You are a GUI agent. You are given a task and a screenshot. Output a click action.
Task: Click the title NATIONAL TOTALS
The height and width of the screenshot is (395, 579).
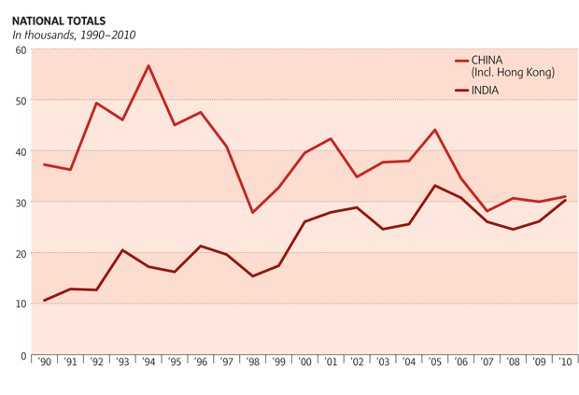pos(59,20)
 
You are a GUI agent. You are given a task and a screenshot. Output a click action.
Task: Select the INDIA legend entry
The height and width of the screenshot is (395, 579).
pos(487,91)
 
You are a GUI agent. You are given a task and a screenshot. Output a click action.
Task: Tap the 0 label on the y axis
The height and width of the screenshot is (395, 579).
pos(22,356)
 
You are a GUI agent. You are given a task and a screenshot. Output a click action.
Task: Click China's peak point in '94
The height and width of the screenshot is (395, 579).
pos(148,65)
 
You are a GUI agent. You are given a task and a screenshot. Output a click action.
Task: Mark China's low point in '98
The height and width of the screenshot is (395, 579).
pos(252,213)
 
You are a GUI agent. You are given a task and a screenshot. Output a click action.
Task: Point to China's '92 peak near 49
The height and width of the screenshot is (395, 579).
pos(96,103)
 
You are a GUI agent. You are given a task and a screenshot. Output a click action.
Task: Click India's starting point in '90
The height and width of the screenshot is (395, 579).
pos(44,301)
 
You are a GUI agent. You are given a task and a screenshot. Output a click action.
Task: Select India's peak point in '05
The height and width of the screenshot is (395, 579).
pos(435,185)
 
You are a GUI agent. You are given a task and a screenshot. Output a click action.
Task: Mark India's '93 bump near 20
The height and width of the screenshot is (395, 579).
pos(122,250)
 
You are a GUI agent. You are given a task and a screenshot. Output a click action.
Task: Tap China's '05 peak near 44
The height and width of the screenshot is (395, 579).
pos(435,130)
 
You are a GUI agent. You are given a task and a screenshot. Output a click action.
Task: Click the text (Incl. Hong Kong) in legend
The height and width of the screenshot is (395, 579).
pos(514,72)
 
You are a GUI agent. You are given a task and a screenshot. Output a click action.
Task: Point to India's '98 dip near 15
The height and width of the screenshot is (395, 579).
pos(252,276)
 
